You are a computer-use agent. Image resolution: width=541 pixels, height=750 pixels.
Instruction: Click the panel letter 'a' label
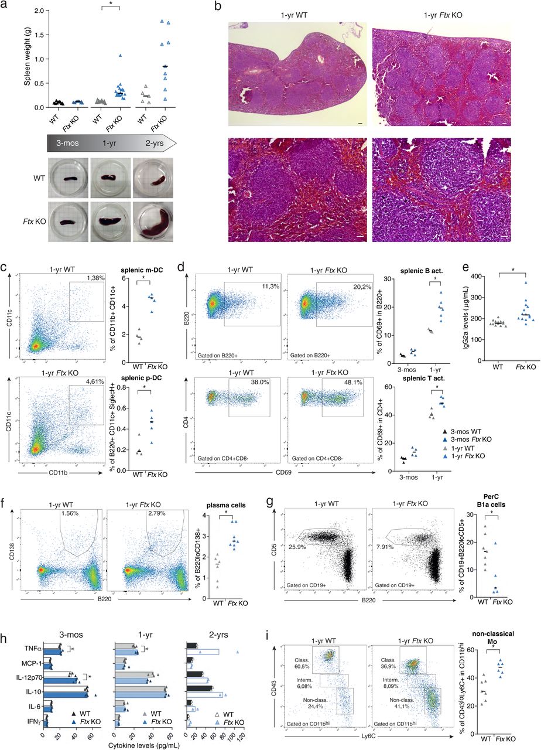click(x=5, y=6)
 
